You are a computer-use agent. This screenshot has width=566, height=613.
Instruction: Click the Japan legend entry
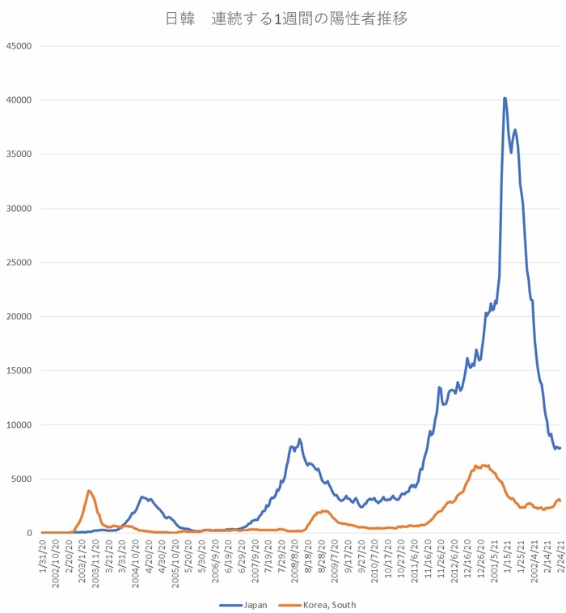coord(247,604)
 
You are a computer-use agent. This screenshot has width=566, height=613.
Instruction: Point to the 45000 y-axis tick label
coord(18,46)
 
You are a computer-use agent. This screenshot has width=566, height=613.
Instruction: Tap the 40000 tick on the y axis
coord(18,100)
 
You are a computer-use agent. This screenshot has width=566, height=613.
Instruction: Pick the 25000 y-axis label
coord(18,262)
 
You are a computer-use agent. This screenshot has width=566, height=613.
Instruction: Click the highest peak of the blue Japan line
coord(505,99)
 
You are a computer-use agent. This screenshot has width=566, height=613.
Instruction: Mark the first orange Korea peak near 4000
coord(89,490)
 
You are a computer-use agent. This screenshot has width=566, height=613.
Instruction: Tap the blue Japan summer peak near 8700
coord(299,439)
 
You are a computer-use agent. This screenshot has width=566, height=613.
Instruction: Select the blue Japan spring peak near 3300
coord(141,497)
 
